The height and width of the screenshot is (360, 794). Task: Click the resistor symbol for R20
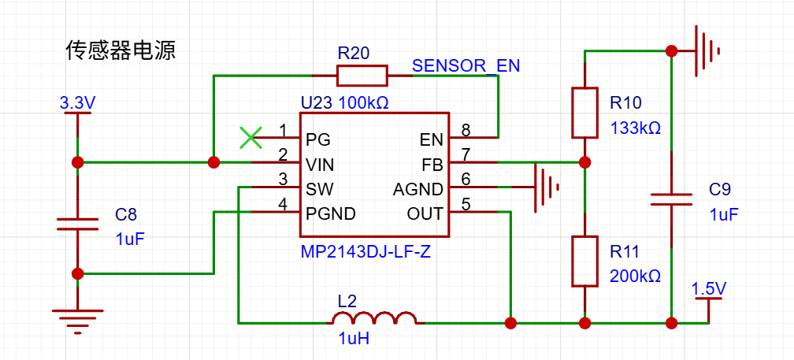(362, 76)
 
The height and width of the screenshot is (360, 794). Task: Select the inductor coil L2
(374, 318)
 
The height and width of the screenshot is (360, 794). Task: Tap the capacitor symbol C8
(77, 224)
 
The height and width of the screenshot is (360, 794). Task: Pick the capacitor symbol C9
(671, 199)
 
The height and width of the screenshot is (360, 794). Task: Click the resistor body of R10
(584, 113)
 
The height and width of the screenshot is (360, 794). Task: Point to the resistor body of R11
(584, 261)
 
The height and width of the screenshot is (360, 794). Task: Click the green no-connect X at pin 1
(251, 137)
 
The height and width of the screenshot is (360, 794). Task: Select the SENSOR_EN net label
(466, 66)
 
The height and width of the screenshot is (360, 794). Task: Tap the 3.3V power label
(76, 104)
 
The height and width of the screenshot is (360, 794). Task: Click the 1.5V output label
(709, 289)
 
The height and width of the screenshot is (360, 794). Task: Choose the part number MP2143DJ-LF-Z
(365, 252)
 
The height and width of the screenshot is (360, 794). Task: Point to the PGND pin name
(330, 213)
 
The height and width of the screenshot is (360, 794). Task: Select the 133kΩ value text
(635, 128)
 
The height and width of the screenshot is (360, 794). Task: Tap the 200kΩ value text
(635, 276)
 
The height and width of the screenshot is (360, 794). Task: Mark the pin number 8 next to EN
(466, 131)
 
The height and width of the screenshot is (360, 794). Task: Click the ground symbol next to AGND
(547, 187)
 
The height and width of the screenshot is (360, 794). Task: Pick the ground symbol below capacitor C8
(77, 322)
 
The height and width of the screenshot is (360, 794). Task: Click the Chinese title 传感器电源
(121, 51)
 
